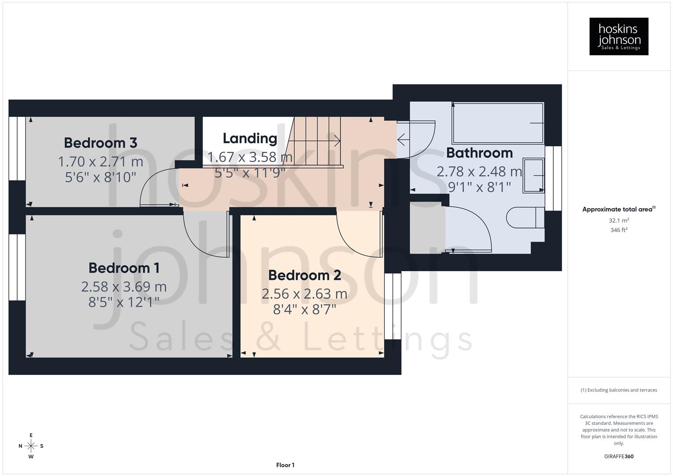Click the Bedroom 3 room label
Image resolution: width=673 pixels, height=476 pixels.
100,143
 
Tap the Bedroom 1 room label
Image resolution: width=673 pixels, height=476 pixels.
124,268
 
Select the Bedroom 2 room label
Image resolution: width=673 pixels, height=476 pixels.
305,275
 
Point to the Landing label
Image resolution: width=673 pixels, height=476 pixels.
250,138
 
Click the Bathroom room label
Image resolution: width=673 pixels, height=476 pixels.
480,153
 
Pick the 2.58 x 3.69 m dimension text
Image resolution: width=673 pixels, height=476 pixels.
124,286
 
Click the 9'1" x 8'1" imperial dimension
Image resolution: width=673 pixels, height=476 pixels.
480,187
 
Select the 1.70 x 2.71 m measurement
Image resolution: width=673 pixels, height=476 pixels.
100,162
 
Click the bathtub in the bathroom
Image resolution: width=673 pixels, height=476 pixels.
498,123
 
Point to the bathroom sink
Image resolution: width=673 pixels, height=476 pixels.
533,175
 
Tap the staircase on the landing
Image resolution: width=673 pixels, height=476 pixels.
315,141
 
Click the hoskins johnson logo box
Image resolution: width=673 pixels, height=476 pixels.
619,37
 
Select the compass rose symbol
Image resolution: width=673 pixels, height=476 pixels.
31,446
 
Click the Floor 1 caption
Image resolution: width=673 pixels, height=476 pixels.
285,465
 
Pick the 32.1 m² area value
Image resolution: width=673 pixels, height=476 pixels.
619,220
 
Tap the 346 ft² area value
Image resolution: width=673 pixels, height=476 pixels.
619,230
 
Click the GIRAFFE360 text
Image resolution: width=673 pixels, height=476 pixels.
619,457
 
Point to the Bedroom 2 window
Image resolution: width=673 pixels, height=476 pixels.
393,306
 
